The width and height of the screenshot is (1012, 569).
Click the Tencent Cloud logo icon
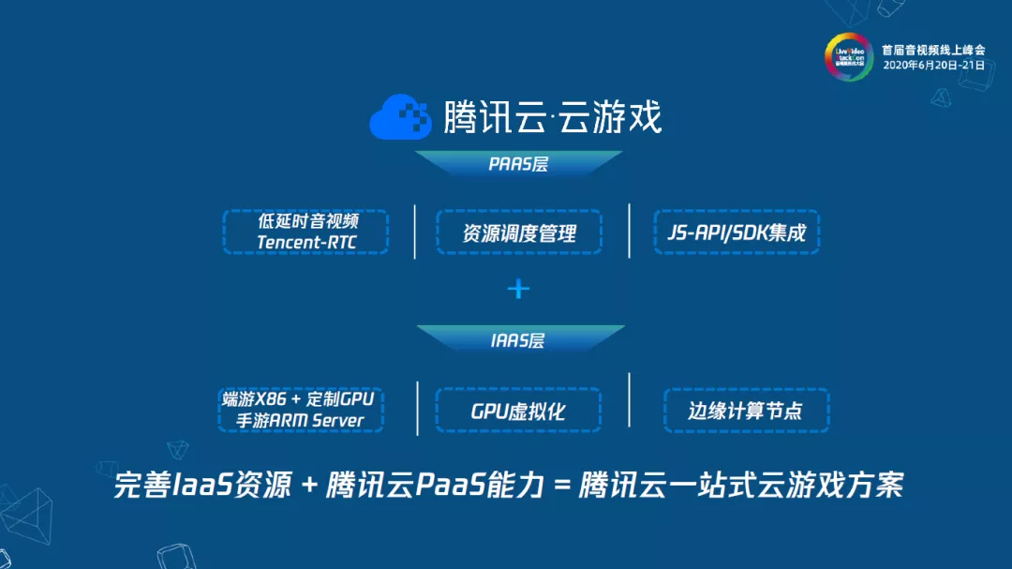tap(401, 117)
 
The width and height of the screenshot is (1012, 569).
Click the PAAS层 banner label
tap(519, 164)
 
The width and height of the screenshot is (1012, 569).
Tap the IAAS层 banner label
tap(518, 340)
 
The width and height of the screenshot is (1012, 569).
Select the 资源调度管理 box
tap(519, 232)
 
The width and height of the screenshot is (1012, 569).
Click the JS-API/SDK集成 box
tap(737, 232)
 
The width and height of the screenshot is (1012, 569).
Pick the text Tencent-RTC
tap(307, 243)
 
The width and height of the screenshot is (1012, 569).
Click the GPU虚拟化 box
tap(519, 411)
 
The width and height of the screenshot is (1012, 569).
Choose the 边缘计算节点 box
tap(746, 411)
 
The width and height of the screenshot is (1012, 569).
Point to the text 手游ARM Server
tap(300, 420)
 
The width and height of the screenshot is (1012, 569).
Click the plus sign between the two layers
tap(518, 289)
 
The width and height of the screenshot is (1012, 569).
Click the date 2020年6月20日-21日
tap(933, 66)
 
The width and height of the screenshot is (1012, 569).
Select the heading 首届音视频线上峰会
tap(933, 50)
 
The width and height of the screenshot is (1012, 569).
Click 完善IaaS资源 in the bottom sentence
tap(201, 487)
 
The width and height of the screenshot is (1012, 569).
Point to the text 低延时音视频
tap(307, 222)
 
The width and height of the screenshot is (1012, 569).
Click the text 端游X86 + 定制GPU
tap(300, 399)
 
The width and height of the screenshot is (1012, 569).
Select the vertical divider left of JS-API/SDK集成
tap(630, 230)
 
